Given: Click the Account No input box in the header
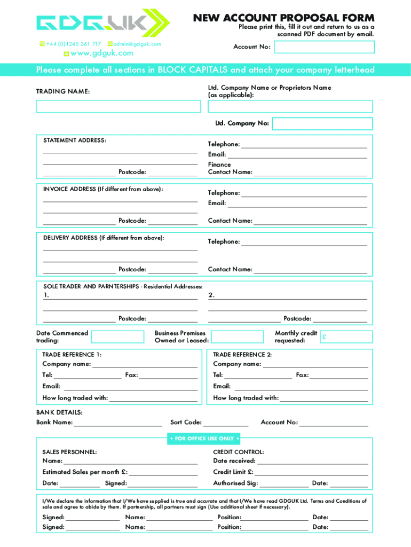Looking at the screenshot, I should pyautogui.click(x=324, y=47).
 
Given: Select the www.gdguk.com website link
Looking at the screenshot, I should pyautogui.click(x=101, y=53).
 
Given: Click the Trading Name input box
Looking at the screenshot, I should pyautogui.click(x=118, y=107).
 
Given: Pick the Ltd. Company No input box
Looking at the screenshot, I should pyautogui.click(x=322, y=123).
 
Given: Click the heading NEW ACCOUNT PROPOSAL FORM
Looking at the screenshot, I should pyautogui.click(x=283, y=18).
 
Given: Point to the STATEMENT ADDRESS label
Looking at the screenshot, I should pyautogui.click(x=75, y=140).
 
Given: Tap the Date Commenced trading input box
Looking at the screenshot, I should pyautogui.click(x=117, y=337).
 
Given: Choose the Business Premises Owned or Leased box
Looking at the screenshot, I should pyautogui.click(x=237, y=337).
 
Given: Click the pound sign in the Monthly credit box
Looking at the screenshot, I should pyautogui.click(x=325, y=338).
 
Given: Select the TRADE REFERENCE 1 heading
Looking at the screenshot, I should pyautogui.click(x=72, y=355).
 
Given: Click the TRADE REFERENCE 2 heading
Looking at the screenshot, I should pyautogui.click(x=242, y=355).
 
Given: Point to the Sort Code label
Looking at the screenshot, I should pyautogui.click(x=186, y=423).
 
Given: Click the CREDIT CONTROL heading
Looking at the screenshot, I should pyautogui.click(x=239, y=452).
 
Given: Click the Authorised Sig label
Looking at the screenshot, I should pyautogui.click(x=235, y=483).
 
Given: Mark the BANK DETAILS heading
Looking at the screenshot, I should pyautogui.click(x=59, y=412).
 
